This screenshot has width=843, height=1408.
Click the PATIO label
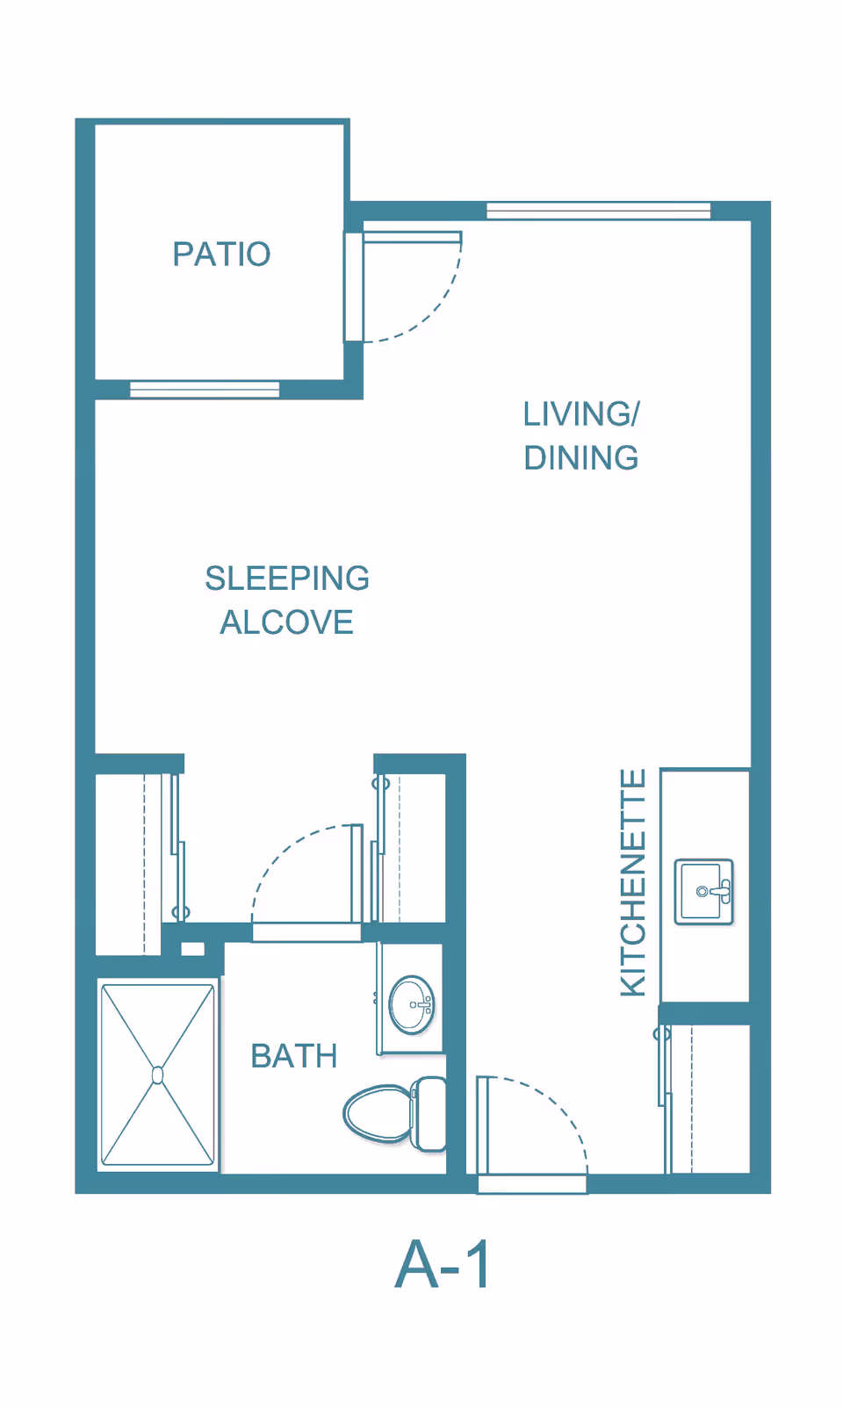(x=221, y=254)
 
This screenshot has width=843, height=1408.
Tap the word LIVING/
(x=581, y=414)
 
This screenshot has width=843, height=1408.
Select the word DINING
(x=581, y=457)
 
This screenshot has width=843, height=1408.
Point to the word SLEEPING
(x=287, y=578)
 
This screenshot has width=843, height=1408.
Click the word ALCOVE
(x=286, y=622)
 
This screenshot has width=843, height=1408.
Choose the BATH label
(x=294, y=1056)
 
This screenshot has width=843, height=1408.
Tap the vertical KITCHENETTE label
(x=633, y=882)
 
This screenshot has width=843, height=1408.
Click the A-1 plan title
(x=443, y=1265)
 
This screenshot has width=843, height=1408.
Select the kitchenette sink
(x=704, y=891)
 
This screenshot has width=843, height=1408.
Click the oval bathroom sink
(x=412, y=1004)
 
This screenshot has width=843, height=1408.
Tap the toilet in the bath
(x=395, y=1113)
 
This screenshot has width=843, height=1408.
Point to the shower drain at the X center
(x=158, y=1075)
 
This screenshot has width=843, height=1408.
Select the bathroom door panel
(x=357, y=873)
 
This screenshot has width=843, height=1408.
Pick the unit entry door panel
(x=483, y=1125)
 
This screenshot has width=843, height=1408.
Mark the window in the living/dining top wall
(x=599, y=211)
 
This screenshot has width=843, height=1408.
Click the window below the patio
(x=205, y=390)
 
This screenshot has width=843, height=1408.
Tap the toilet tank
(x=429, y=1113)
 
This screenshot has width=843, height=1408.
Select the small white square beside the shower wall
(x=192, y=949)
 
